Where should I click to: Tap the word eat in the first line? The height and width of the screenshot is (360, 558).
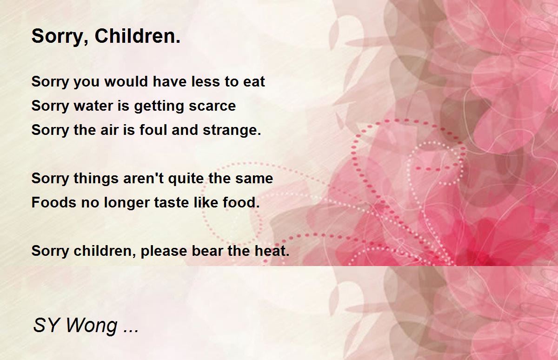click(x=254, y=82)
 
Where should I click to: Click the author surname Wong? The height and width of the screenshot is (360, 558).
click(x=92, y=326)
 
